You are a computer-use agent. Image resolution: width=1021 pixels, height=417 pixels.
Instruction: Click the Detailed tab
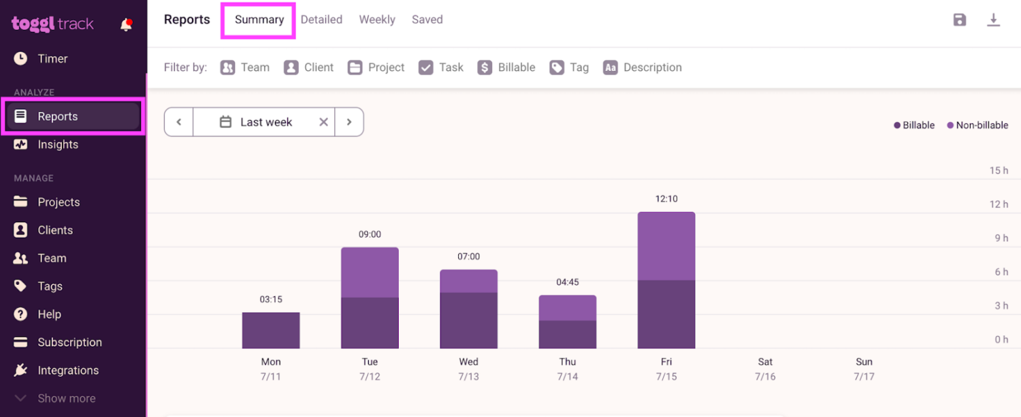point(321,20)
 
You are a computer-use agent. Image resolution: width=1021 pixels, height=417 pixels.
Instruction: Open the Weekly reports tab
point(377,20)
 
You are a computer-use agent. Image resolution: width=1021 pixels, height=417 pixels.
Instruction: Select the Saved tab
point(427,20)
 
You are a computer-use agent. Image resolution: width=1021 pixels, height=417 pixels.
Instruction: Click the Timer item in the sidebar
point(52,59)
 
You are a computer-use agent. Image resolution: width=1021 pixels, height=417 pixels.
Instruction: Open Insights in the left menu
point(58,144)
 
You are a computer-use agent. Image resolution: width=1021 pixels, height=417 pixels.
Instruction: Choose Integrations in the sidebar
point(67,370)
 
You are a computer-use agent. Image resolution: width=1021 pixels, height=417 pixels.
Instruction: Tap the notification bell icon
point(126,25)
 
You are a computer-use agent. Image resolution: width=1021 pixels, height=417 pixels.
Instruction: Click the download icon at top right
point(993,20)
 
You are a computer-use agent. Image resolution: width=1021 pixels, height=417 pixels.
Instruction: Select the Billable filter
point(506,67)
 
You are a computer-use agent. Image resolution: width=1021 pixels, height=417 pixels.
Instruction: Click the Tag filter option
point(569,67)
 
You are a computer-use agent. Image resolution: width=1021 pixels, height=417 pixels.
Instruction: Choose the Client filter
point(309,67)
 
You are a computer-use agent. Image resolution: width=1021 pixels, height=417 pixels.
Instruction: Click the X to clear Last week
point(323,122)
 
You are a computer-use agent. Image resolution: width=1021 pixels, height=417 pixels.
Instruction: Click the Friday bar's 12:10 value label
point(666,199)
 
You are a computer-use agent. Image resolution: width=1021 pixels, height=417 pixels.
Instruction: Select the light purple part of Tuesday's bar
point(370,272)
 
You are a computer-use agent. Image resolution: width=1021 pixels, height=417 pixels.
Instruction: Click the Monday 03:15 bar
point(271,330)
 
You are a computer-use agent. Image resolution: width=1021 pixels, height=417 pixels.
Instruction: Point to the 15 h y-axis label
point(999,170)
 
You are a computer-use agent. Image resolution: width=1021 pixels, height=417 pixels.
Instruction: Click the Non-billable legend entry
point(977,125)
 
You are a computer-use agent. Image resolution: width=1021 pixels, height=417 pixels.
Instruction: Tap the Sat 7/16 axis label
point(765,369)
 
